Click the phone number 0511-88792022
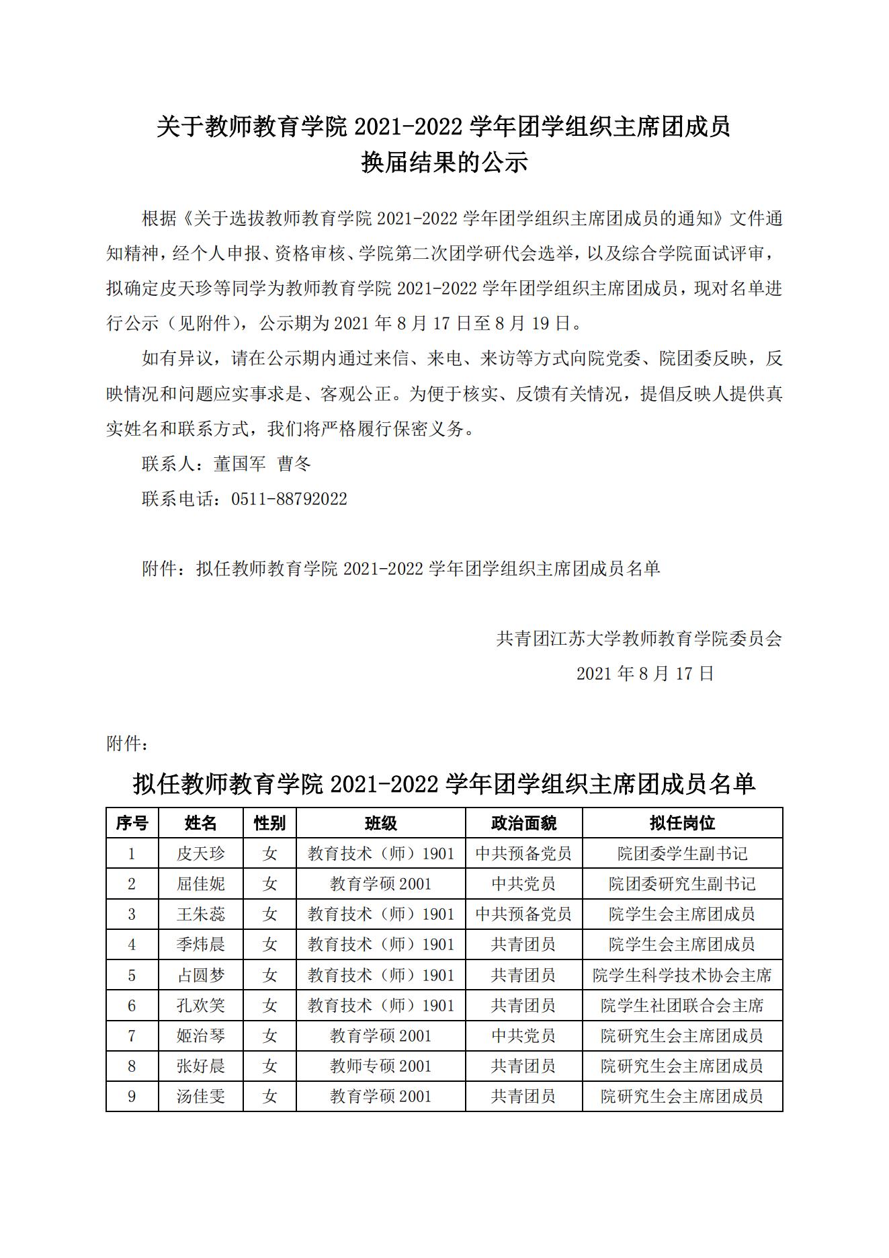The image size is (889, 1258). click(289, 499)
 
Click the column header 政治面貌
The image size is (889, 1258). click(523, 823)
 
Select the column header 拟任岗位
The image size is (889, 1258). click(682, 823)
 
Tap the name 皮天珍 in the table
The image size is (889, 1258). click(200, 854)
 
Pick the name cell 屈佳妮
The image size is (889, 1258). click(200, 884)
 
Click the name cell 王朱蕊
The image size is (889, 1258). click(200, 914)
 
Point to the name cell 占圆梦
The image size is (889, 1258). click(200, 976)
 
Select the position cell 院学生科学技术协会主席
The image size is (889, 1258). click(682, 976)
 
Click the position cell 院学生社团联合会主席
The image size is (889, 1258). click(682, 1006)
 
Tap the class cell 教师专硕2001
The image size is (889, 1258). click(380, 1066)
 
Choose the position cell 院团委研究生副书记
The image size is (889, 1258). click(682, 884)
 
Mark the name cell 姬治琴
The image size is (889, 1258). click(200, 1036)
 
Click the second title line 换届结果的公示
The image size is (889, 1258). click(444, 163)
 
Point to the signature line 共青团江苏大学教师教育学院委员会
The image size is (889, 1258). click(639, 639)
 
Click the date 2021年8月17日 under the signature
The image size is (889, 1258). click(645, 674)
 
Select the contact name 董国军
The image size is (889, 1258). click(240, 464)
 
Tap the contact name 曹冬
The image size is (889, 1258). click(294, 464)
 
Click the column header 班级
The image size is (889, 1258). click(380, 823)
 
